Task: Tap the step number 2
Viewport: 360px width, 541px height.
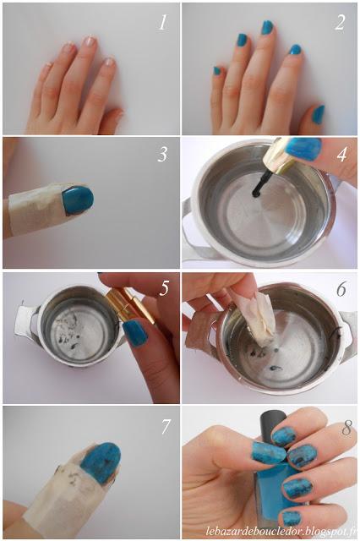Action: coord(340,23)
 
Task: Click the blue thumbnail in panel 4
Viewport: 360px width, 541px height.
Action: coord(303,149)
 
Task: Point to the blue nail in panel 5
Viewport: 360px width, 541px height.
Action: coord(134,332)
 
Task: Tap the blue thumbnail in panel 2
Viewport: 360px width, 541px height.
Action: coord(318,113)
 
